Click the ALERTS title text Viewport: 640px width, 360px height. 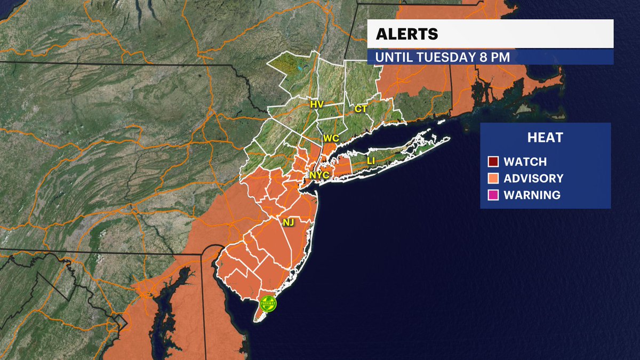click(407, 34)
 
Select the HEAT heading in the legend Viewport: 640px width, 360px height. click(545, 138)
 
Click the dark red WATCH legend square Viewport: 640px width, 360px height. click(493, 162)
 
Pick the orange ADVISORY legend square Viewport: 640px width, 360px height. click(493, 178)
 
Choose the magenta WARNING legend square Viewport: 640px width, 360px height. click(493, 195)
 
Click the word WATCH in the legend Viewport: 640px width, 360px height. click(525, 162)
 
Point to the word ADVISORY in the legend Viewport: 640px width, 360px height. click(533, 178)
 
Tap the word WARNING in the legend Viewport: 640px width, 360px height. click(532, 195)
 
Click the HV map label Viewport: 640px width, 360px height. click(317, 105)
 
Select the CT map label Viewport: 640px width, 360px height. click(361, 109)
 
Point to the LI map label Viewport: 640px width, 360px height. click(371, 161)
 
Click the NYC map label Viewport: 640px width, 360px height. click(319, 174)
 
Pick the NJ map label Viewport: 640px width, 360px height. click(289, 220)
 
